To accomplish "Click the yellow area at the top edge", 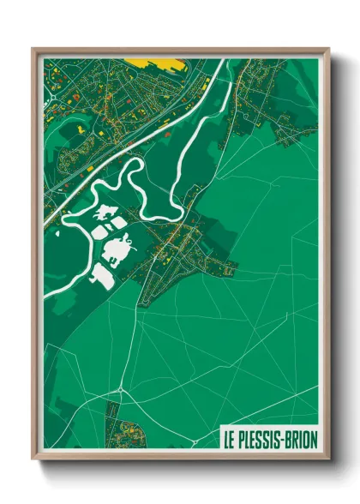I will point(154,63).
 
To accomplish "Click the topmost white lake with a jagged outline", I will point(107,212).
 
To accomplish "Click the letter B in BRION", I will point(289,440).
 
